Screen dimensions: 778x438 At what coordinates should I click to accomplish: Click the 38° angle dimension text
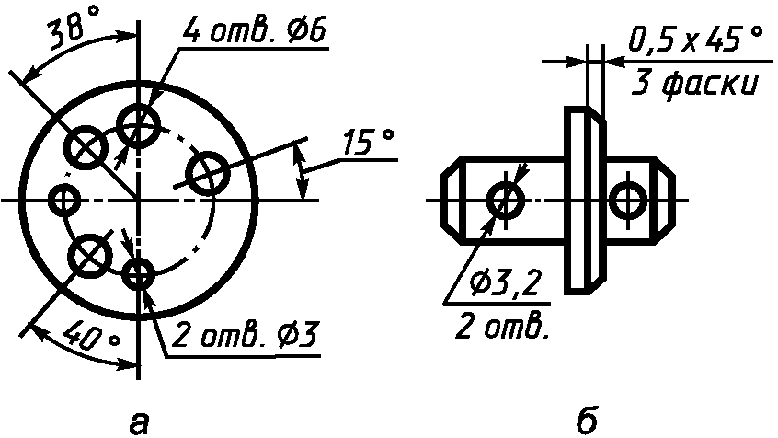[73, 29]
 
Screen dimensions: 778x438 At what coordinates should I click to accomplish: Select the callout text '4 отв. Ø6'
[255, 31]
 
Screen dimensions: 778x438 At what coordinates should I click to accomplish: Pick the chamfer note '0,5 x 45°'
[695, 40]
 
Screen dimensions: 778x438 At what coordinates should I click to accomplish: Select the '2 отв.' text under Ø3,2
[502, 327]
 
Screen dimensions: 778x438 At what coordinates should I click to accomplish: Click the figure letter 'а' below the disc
[139, 423]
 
